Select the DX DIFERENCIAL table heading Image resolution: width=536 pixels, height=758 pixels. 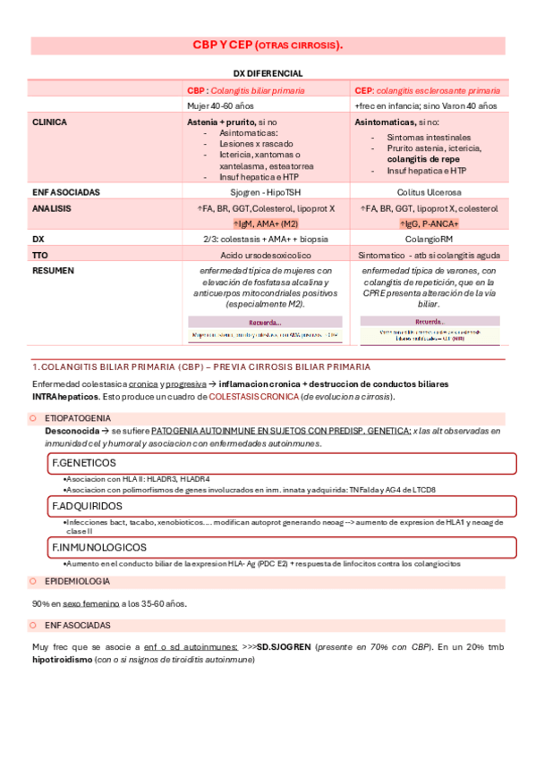tap(268, 73)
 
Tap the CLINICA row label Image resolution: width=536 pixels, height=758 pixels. tap(48, 121)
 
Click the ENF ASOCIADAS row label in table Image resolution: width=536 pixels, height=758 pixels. tap(65, 192)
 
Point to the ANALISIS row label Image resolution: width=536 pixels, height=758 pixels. tap(51, 208)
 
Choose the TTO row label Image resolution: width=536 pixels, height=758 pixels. tap(39, 255)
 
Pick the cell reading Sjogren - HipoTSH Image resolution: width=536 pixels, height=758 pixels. tap(262, 192)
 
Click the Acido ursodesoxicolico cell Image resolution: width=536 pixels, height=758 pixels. tap(262, 255)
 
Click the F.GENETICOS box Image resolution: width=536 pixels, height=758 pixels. tap(281, 463)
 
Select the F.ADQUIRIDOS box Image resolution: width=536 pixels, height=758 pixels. tap(281, 506)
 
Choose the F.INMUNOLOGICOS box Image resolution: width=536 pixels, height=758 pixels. tap(281, 547)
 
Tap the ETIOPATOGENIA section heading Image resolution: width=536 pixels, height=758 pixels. tap(78, 417)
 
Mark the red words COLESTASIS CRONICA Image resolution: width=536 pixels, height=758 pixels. tap(253, 397)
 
